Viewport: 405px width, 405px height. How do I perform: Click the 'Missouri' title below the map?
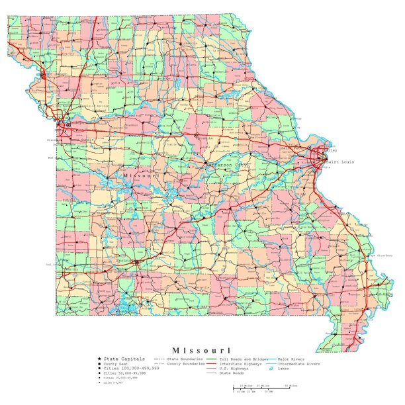coord(202,349)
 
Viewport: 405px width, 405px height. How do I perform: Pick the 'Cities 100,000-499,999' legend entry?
coord(128,369)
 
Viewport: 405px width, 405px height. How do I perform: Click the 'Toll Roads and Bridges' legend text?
coord(246,358)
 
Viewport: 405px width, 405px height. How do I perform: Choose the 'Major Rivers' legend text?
coord(292,358)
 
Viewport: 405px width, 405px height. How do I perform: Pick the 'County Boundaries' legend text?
coord(183,363)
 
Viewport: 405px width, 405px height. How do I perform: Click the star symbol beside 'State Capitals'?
coord(99,358)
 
